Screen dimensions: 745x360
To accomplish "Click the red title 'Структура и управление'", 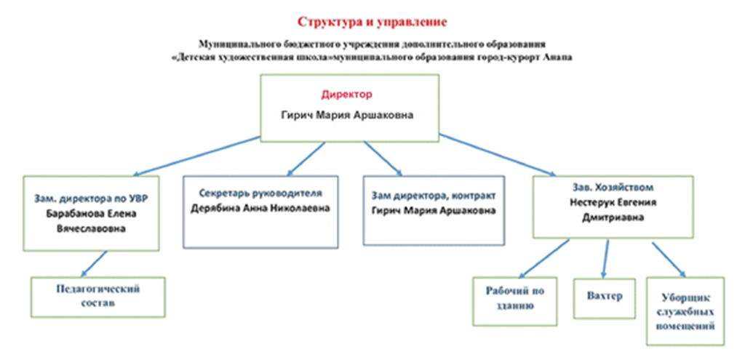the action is click(372, 22).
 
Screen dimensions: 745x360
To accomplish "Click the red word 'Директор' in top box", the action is click(347, 94).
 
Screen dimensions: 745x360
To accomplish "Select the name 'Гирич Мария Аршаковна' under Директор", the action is click(347, 116).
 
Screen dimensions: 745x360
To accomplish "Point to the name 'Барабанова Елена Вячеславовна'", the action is click(91, 221).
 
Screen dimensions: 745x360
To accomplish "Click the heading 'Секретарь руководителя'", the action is click(261, 193).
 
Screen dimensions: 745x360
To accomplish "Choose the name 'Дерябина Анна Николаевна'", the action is click(260, 209).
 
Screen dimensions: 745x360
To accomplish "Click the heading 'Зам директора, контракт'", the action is click(434, 196).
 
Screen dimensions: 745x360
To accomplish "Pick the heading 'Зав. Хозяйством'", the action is click(613, 187).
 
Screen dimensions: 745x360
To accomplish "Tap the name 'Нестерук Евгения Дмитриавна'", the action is click(613, 210).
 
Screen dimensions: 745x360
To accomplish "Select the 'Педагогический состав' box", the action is click(98, 297).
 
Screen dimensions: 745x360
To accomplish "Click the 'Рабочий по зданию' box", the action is click(515, 302).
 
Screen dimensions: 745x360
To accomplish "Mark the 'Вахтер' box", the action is click(605, 298).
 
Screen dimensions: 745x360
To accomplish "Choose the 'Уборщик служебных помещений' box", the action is click(685, 311).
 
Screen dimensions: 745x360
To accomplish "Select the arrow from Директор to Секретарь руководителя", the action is click(306, 159).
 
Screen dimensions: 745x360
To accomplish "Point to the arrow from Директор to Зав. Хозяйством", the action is click(498, 156).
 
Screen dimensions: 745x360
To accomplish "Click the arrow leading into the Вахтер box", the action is click(606, 260).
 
